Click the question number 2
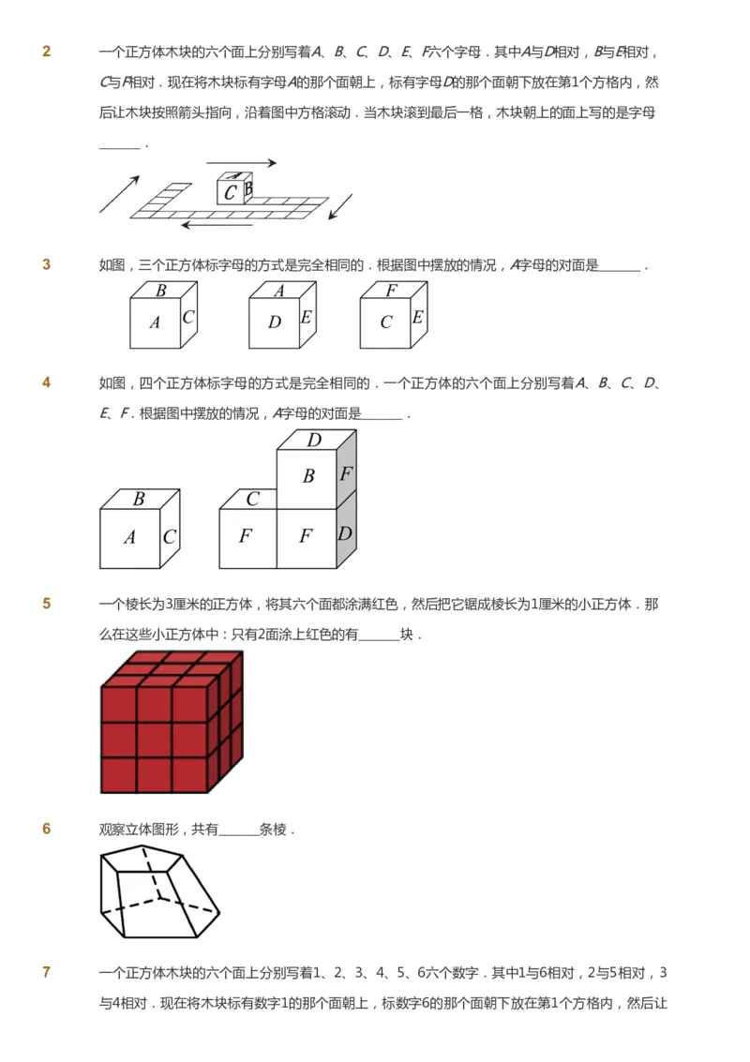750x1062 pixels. tap(47, 52)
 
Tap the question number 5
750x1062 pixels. tap(47, 605)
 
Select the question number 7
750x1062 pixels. tap(47, 972)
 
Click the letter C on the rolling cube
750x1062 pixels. tap(230, 194)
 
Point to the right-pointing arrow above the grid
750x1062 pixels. tap(241, 163)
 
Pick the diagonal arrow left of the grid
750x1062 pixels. tap(120, 193)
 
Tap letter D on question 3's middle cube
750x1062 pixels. tap(274, 322)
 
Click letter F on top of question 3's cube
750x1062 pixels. tap(391, 291)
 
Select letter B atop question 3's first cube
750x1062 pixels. tap(161, 291)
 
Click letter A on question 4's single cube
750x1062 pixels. tap(129, 538)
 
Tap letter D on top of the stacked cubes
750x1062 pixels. tap(314, 440)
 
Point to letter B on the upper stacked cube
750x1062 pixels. tap(307, 476)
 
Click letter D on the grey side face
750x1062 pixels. tap(345, 533)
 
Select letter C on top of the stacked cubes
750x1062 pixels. tap(252, 500)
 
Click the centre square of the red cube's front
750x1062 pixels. tap(154, 740)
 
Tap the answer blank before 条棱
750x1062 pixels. tap(238, 830)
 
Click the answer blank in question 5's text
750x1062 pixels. tap(379, 635)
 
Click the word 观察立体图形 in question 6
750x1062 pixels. tap(142, 830)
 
